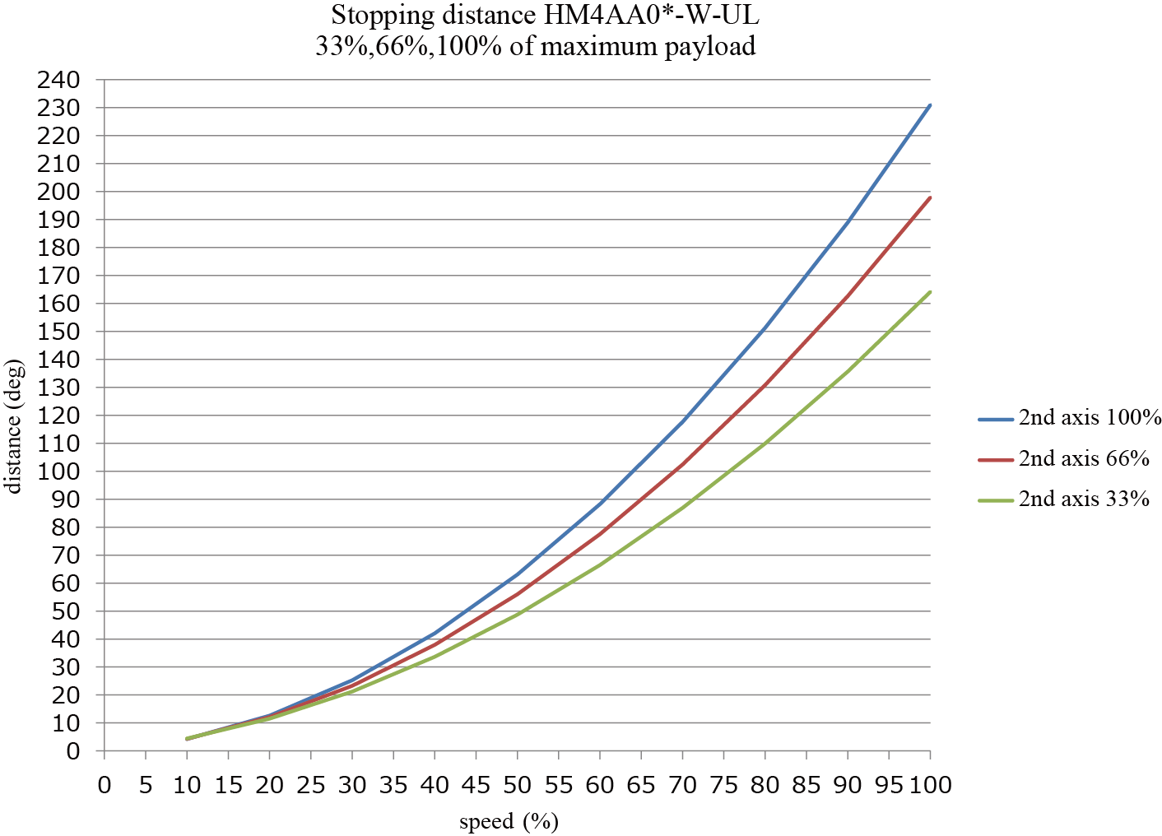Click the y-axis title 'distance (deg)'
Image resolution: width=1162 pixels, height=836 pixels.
(x=14, y=425)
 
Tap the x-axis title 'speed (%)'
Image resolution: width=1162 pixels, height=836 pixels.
(x=508, y=821)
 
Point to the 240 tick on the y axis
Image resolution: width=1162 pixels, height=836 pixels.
(x=58, y=81)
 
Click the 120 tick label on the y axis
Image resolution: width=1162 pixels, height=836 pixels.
(x=58, y=416)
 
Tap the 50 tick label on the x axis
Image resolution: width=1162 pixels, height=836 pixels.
(x=517, y=785)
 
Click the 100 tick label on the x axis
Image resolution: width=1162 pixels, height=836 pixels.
(x=930, y=785)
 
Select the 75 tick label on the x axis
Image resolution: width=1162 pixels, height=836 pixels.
(x=723, y=785)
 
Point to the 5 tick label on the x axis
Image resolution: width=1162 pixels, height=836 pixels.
(x=146, y=785)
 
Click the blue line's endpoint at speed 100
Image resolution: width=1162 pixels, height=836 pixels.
(x=930, y=105)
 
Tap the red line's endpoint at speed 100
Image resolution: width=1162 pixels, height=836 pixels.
(x=930, y=197)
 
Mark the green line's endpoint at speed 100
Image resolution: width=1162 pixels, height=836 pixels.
(x=930, y=292)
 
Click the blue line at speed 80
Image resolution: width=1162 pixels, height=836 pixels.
(x=765, y=329)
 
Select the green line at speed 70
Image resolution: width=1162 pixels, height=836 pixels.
(x=682, y=508)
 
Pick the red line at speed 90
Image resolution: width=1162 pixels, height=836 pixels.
(x=848, y=295)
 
